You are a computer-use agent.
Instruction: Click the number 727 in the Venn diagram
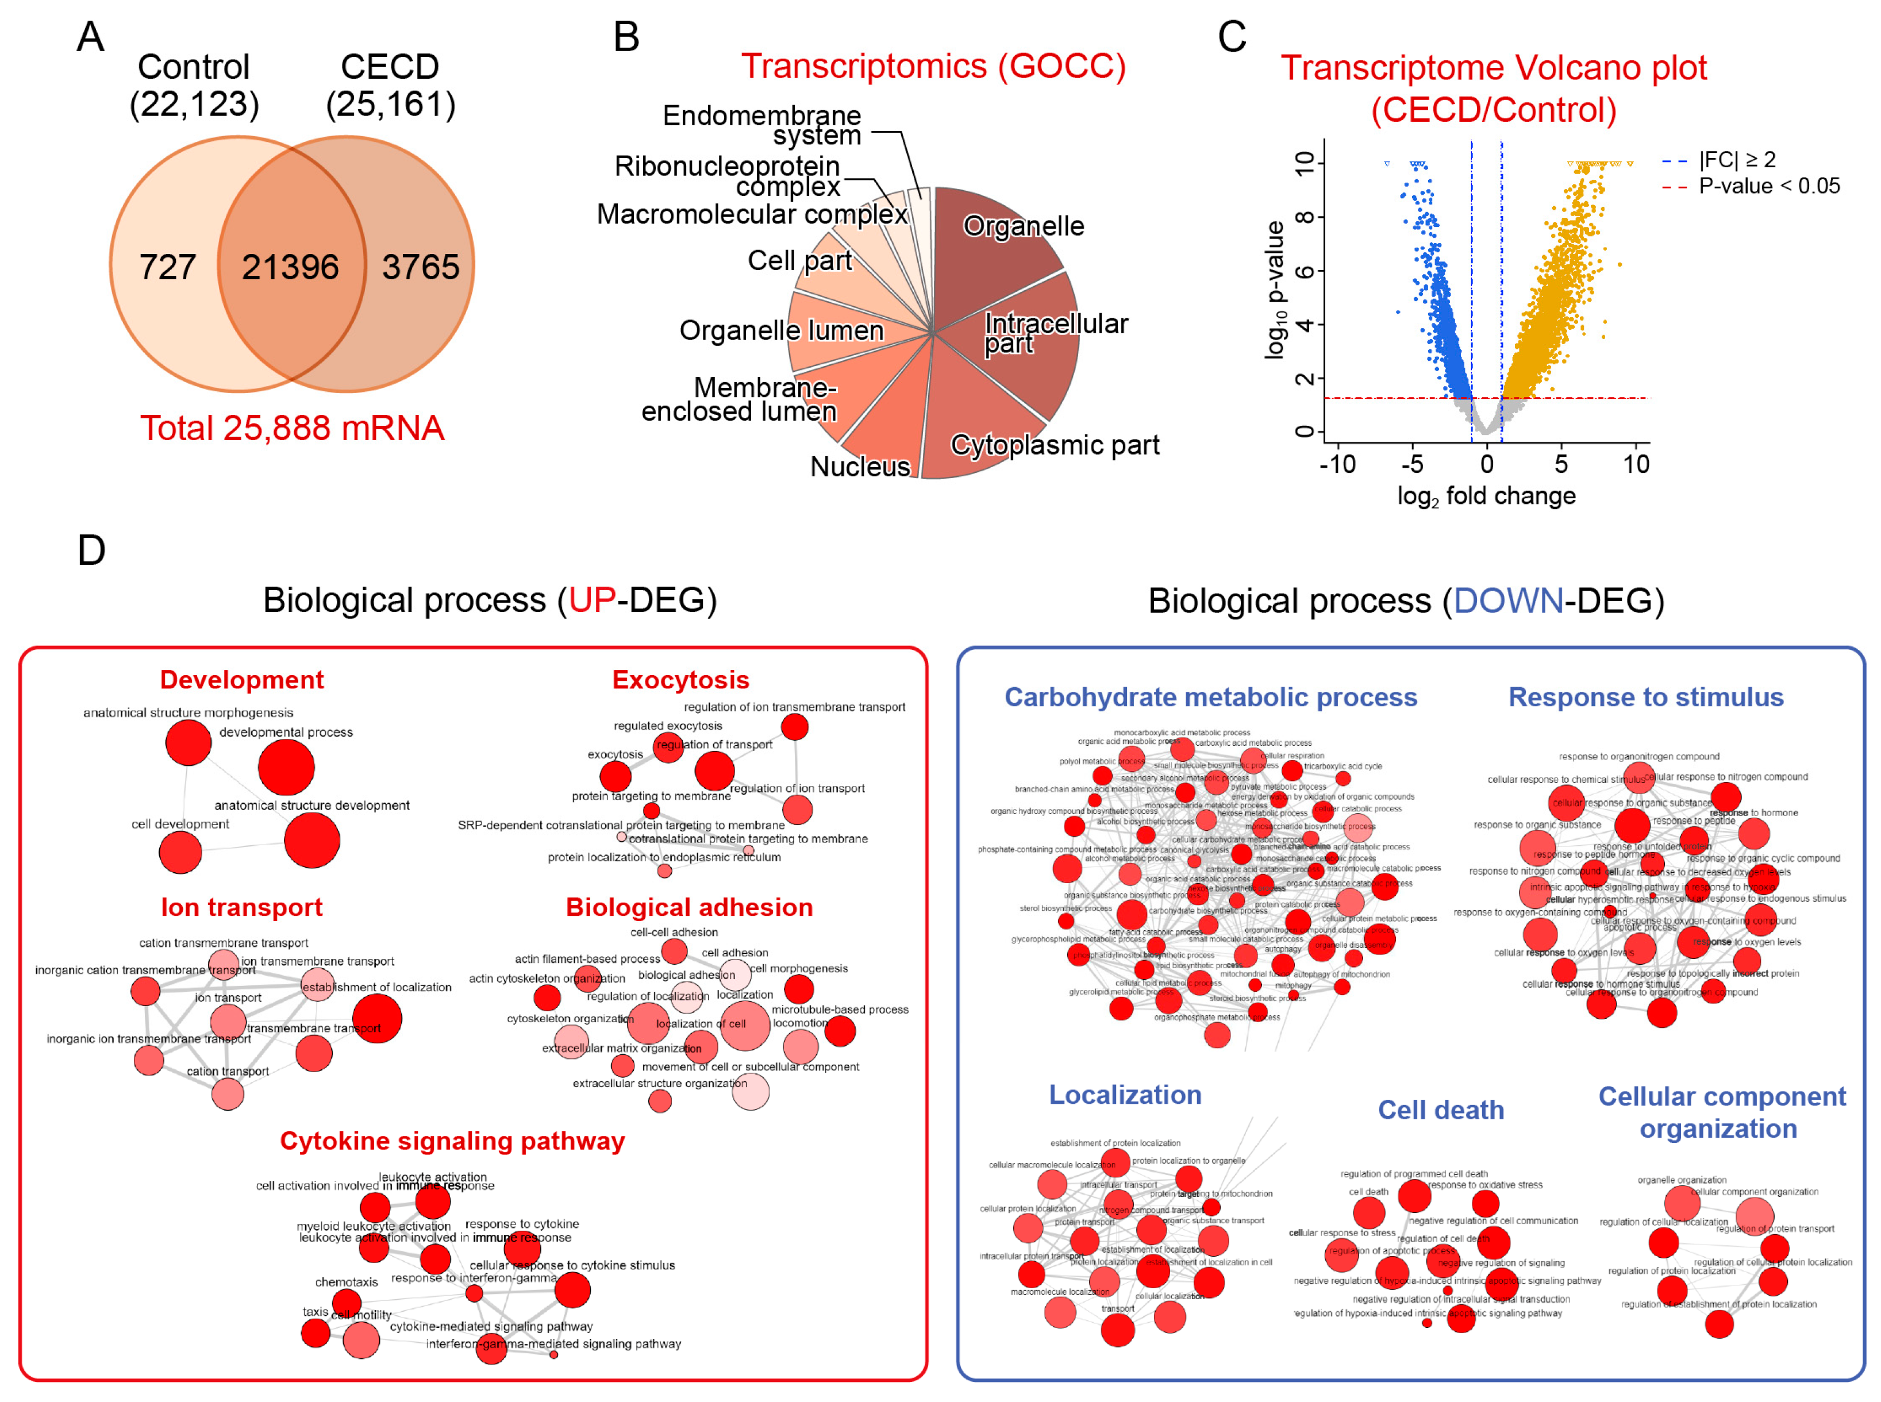pos(167,267)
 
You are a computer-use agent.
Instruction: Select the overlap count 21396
pos(290,267)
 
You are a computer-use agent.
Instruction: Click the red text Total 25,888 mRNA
pos(292,429)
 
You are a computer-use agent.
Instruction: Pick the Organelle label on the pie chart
pos(1023,226)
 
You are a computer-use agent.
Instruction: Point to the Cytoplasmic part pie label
pos(1054,445)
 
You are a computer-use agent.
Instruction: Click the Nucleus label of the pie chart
pos(860,466)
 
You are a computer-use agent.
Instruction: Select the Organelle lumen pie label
pos(781,330)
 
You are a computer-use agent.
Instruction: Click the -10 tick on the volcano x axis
pos(1337,464)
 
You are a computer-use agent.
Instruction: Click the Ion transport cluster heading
pos(242,907)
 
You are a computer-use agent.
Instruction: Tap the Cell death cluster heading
pos(1440,1110)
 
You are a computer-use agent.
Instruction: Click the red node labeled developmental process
pos(286,767)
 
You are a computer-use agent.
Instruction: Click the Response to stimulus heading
pos(1645,697)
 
